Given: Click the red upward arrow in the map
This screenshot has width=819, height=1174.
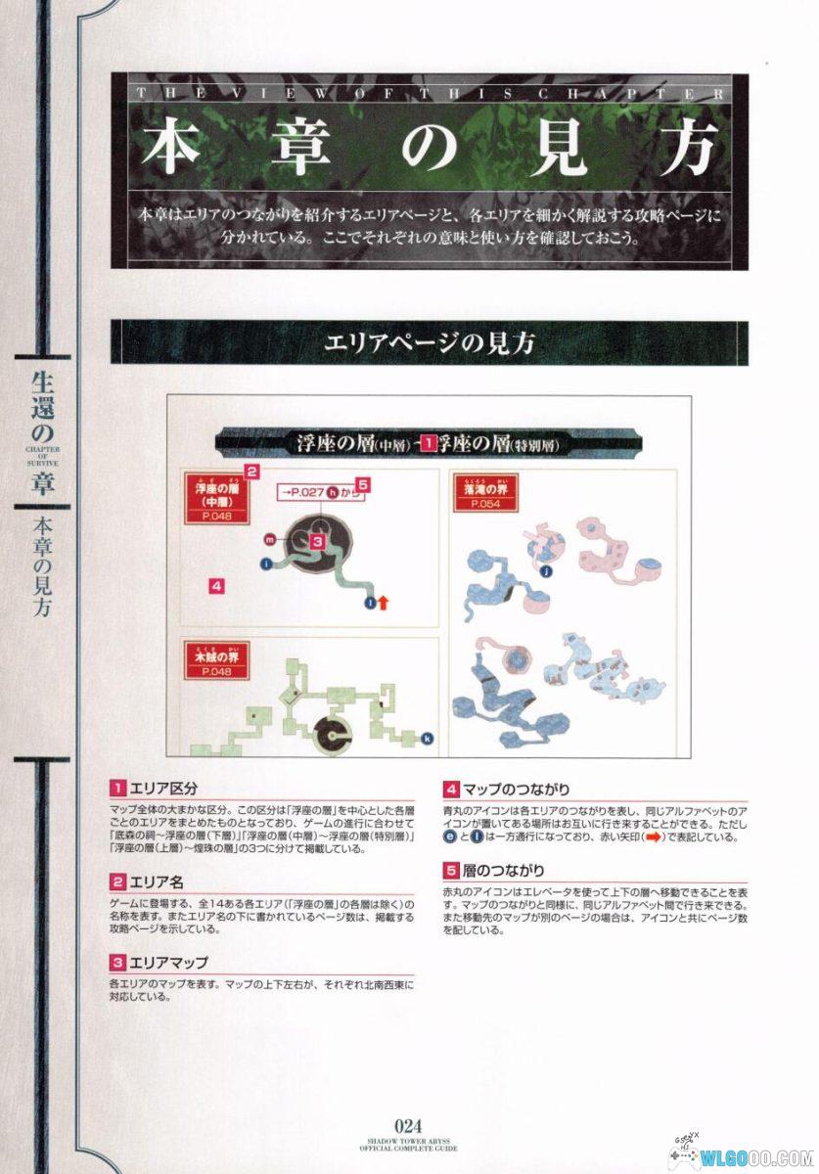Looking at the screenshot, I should coord(384,603).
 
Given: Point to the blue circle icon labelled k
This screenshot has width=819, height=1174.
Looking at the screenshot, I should coord(427,738).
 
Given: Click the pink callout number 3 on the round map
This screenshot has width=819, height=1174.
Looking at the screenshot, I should coord(318,539).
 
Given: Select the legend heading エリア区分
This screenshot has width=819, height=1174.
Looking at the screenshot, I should coord(166,789).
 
